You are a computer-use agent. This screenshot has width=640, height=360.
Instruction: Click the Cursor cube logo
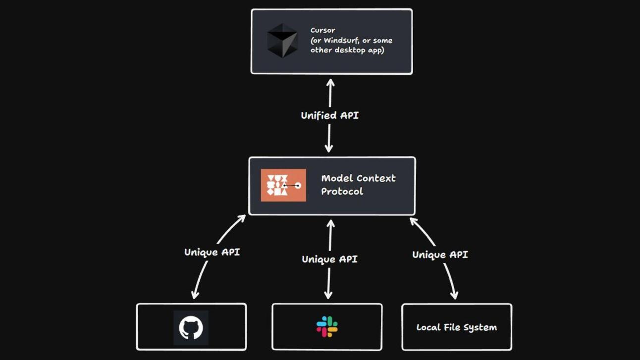[x=282, y=41]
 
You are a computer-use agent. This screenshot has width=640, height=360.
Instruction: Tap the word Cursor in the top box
[x=322, y=30]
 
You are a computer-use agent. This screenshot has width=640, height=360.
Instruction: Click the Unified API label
[x=329, y=115]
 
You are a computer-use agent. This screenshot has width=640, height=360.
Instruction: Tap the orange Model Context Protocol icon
[x=283, y=185]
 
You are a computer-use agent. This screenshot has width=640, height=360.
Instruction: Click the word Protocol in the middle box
[x=342, y=192]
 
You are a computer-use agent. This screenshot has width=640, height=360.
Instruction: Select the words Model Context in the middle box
[x=358, y=178]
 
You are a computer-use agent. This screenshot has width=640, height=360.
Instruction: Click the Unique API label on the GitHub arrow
[x=212, y=252]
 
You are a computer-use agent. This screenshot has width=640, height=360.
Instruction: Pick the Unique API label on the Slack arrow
[x=329, y=259]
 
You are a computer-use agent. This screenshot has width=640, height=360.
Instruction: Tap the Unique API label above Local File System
[x=440, y=255]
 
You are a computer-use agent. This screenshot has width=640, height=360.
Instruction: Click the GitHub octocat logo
[x=191, y=328]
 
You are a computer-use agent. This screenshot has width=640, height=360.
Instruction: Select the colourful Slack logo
[x=327, y=327]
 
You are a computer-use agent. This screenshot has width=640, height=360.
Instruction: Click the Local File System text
[x=456, y=327]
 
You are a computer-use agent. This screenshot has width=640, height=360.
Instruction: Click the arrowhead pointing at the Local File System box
[x=454, y=295]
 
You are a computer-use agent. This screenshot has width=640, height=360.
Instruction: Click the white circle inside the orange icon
[x=298, y=186]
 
